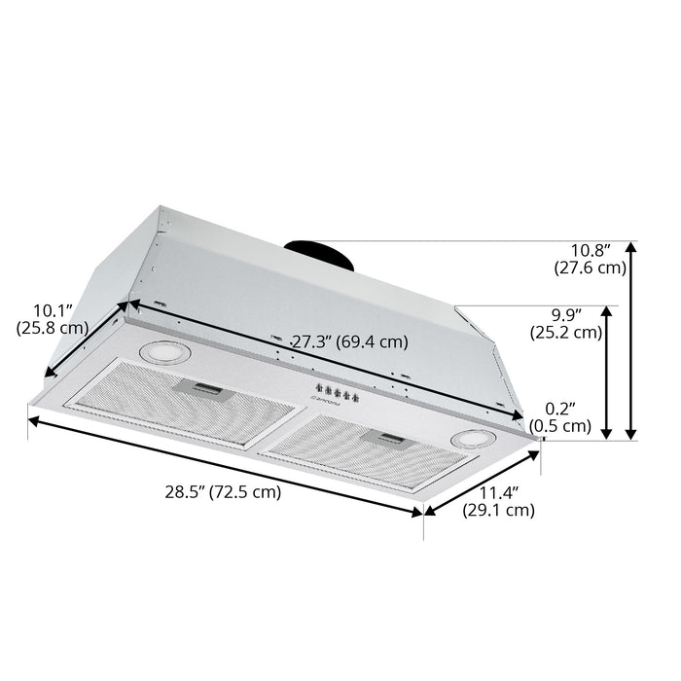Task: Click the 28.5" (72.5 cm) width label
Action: pos(223,492)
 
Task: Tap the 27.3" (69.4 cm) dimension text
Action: pos(349,341)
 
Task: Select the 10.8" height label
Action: pos(591,251)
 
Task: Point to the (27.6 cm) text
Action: pos(591,268)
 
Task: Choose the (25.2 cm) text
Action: pos(566,333)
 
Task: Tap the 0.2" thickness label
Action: pos(560,409)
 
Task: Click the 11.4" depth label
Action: pos(498,493)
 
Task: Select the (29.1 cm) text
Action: pos(498,510)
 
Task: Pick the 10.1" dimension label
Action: pos(53,310)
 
